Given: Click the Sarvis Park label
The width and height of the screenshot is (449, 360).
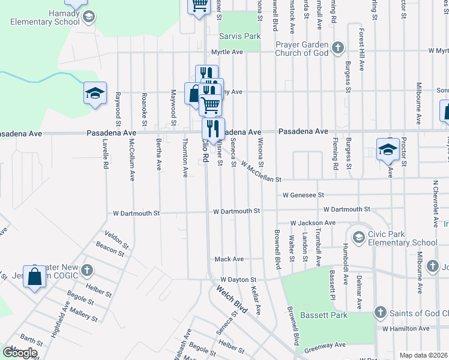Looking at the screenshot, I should coord(240,36).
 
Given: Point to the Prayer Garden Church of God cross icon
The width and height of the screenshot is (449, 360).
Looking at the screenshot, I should coord(338,48).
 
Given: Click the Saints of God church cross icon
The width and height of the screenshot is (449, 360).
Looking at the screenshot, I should coord(379,312).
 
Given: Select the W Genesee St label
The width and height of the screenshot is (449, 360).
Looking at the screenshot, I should coord(304,195).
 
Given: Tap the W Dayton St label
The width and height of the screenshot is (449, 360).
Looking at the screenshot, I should coord(238,280).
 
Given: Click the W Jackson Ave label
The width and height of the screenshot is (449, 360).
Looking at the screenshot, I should coord(312,223).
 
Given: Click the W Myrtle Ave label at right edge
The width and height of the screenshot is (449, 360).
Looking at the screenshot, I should coord(438,52).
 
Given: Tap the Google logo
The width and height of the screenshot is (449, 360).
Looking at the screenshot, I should coord(20,353).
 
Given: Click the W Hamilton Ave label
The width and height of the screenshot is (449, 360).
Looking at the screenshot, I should coord(405,329).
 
